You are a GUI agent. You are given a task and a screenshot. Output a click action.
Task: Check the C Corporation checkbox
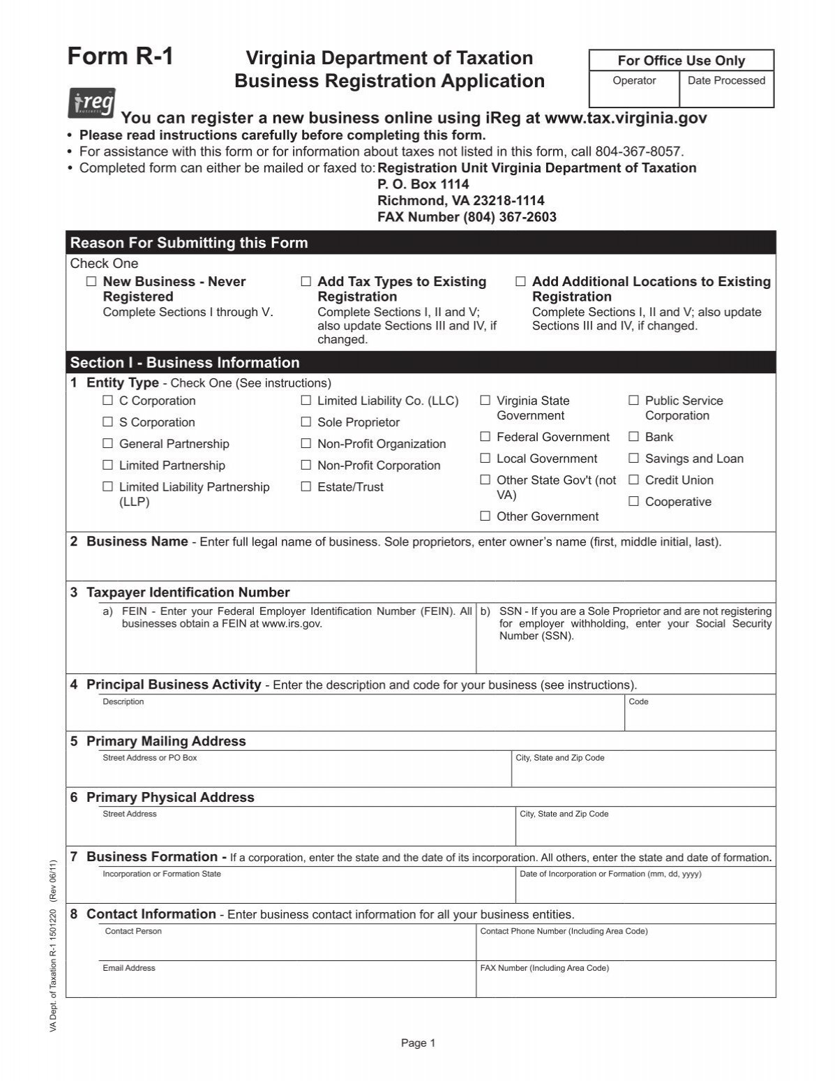tap(107, 401)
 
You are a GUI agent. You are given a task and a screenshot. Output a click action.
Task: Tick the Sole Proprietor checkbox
tap(306, 422)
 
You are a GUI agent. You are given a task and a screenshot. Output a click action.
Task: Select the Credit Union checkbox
tap(633, 480)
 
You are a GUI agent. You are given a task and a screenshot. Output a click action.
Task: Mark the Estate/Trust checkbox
tap(306, 487)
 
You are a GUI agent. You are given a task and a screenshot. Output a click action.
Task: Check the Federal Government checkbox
tap(485, 437)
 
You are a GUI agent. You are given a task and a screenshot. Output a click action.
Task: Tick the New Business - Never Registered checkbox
tap(91, 282)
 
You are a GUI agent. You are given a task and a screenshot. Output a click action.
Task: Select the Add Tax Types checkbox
tap(306, 282)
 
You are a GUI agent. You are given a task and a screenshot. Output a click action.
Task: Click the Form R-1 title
tap(120, 57)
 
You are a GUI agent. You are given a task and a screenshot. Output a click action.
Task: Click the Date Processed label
tap(726, 81)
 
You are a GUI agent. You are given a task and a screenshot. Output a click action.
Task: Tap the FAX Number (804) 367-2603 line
tap(467, 217)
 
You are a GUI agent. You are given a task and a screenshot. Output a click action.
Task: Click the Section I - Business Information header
tap(185, 363)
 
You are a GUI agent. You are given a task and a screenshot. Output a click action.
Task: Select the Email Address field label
tap(129, 968)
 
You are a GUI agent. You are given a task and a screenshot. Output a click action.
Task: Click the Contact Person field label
tap(133, 931)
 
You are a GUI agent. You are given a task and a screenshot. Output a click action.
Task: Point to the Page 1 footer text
tap(418, 1043)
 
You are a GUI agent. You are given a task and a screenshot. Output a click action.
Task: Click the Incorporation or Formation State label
tap(162, 874)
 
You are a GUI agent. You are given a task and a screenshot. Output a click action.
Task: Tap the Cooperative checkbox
tap(633, 502)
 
